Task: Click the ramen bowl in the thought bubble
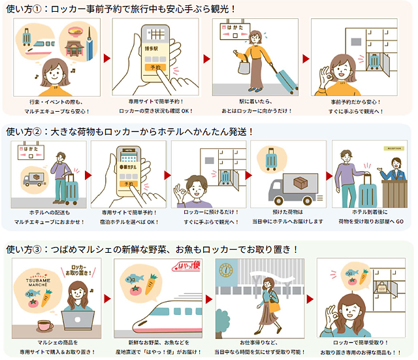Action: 72,32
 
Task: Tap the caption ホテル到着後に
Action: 370,212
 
